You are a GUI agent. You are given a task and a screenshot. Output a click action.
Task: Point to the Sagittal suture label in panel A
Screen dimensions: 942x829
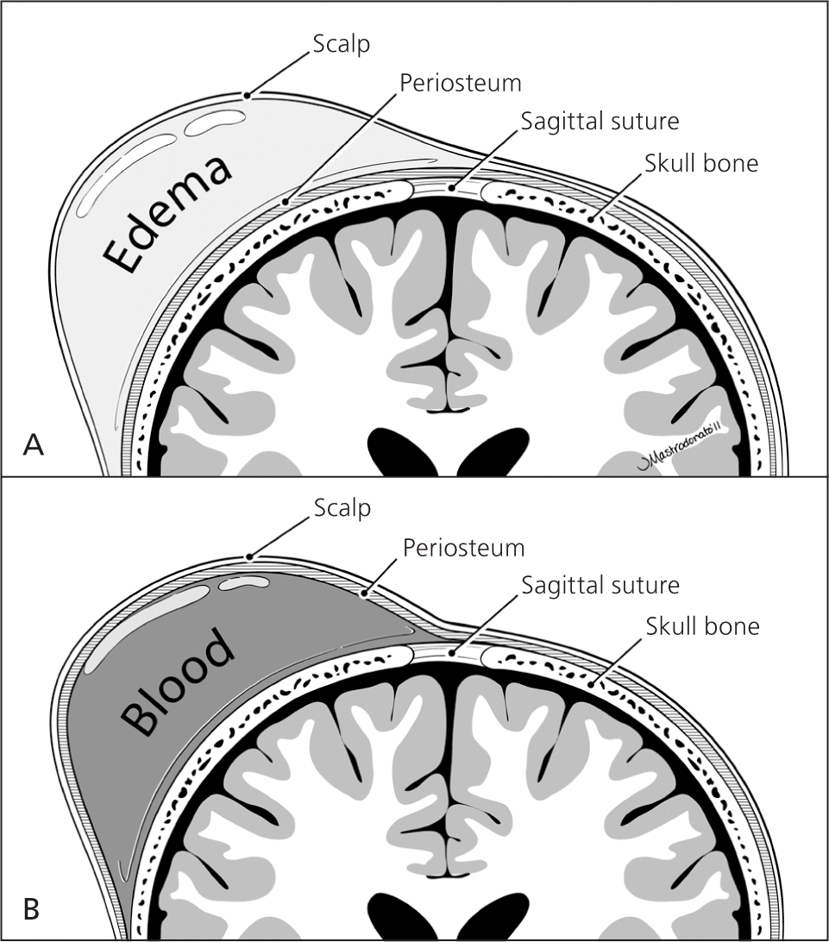(x=599, y=121)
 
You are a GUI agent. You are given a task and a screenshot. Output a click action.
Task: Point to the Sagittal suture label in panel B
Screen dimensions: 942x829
(x=600, y=586)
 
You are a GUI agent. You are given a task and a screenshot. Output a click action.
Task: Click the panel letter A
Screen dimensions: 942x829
(x=33, y=444)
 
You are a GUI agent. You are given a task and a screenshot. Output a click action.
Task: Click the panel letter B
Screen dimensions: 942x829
(x=33, y=908)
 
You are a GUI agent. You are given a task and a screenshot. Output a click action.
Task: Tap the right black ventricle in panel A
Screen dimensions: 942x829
(x=499, y=452)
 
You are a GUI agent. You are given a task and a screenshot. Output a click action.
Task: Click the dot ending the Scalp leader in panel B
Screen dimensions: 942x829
(x=248, y=557)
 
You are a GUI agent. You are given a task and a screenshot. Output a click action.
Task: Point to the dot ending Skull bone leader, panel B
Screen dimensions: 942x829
(x=593, y=685)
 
